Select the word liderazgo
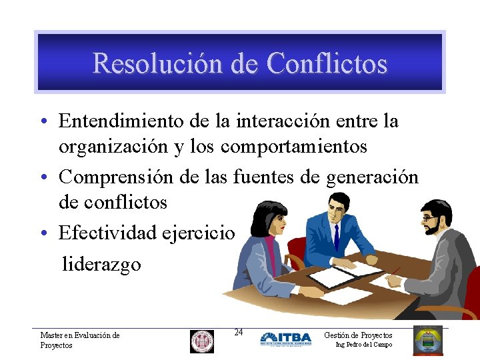pos(101,264)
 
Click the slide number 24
pos(239,332)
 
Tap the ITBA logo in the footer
pos(285,339)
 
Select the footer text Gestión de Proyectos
pos(358,335)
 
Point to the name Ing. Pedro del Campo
pos(364,345)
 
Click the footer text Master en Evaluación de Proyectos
pos(79,340)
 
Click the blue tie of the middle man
pos(337,237)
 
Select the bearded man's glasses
pos(429,219)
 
